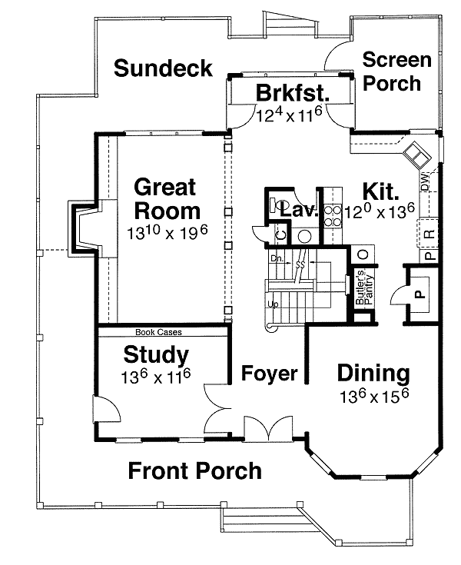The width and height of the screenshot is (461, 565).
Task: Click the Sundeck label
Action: pos(163,68)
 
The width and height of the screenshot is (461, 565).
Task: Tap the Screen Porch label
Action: pos(392,71)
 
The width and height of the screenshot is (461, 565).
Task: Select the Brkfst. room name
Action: pos(293,94)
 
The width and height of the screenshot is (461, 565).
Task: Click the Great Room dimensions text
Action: pos(167,231)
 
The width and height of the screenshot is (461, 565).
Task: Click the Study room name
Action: pos(156,355)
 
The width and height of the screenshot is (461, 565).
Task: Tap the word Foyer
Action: pos(270,374)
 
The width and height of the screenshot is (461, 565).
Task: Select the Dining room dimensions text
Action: pos(373,397)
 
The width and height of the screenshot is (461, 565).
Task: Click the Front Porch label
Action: pos(194,470)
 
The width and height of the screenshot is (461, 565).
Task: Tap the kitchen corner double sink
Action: pos(418,155)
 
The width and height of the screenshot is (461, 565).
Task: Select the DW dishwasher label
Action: pos(424,182)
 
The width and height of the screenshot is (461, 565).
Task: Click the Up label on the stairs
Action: pos(272,305)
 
